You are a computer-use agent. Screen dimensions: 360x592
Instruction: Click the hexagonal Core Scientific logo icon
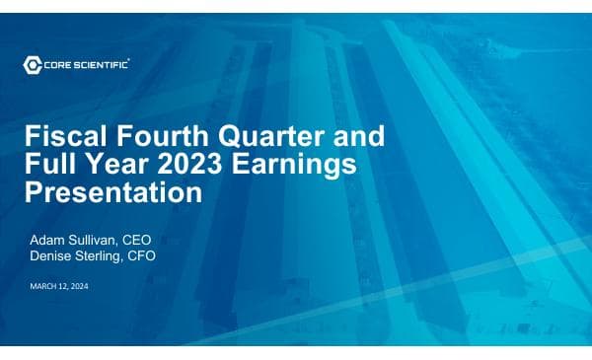[x=33, y=65]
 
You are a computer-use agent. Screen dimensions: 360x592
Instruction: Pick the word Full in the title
[x=49, y=165]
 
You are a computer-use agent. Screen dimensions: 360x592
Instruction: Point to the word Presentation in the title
[x=112, y=192]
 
